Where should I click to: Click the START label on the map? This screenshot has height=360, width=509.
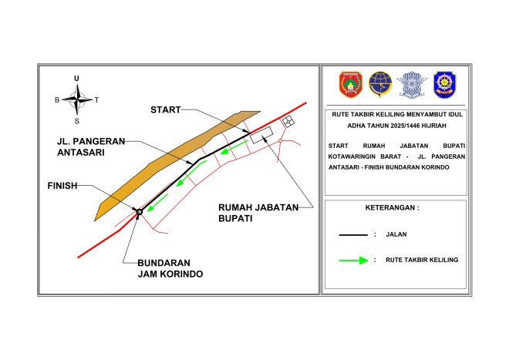pyautogui.click(x=166, y=109)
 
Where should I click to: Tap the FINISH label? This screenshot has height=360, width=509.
pyautogui.click(x=62, y=186)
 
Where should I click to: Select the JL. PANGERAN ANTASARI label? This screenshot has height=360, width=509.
pyautogui.click(x=91, y=146)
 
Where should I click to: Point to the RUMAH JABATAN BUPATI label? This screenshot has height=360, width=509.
pyautogui.click(x=258, y=213)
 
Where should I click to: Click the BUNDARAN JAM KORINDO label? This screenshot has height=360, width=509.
pyautogui.click(x=170, y=268)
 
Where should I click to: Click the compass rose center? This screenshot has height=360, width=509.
pyautogui.click(x=77, y=99)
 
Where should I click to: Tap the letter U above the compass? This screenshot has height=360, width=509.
pyautogui.click(x=76, y=79)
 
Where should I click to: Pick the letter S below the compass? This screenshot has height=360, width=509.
pyautogui.click(x=77, y=121)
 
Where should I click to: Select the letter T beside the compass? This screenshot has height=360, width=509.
pyautogui.click(x=96, y=100)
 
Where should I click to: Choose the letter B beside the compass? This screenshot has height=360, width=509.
pyautogui.click(x=57, y=100)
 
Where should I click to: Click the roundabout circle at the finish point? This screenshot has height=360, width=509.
pyautogui.click(x=140, y=212)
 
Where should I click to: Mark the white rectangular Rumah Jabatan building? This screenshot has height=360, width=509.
pyautogui.click(x=261, y=135)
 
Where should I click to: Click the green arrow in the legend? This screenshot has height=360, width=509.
pyautogui.click(x=353, y=261)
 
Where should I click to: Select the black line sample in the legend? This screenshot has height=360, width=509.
pyautogui.click(x=353, y=234)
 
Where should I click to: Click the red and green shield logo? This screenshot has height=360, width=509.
pyautogui.click(x=351, y=85)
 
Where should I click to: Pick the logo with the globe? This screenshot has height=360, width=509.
pyautogui.click(x=380, y=84)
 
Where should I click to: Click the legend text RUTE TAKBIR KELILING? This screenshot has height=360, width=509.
pyautogui.click(x=422, y=260)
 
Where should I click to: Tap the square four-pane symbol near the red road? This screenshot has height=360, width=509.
pyautogui.click(x=288, y=122)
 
